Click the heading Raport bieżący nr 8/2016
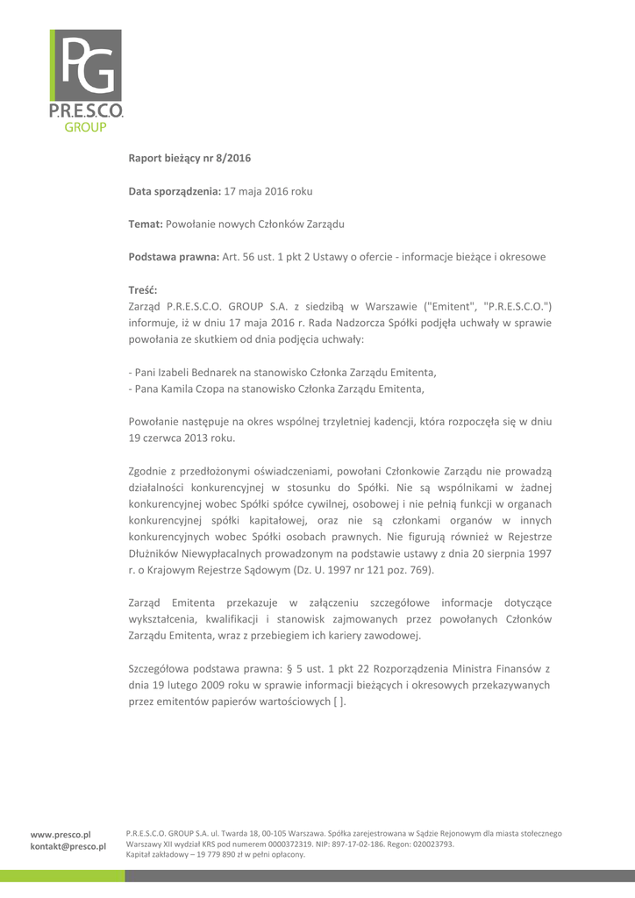pyautogui.click(x=189, y=158)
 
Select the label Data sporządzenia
pyautogui.click(x=175, y=190)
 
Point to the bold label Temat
pyautogui.click(x=145, y=224)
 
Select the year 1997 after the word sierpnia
pyautogui.click(x=537, y=552)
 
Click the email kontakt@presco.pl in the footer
pyautogui.click(x=68, y=846)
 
